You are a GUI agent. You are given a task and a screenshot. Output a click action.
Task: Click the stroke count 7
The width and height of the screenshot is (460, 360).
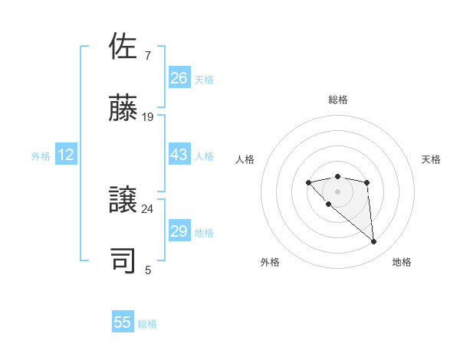147,56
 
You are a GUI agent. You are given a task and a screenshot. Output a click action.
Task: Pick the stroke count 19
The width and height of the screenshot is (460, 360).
148,117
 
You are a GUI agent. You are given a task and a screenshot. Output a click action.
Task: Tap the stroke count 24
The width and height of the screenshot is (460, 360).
148,208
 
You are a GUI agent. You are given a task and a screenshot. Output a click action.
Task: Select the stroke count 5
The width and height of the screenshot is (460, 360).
147,270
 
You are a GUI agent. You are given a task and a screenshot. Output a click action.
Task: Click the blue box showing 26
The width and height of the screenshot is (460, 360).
179,78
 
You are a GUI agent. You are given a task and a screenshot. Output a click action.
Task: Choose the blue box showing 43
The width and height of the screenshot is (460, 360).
179,155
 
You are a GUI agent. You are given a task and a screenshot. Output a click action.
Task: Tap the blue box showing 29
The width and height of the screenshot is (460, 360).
179,231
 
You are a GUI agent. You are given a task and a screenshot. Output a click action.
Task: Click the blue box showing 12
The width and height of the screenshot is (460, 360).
65,155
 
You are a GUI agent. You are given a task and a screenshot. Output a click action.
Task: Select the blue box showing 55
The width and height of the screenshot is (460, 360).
123,322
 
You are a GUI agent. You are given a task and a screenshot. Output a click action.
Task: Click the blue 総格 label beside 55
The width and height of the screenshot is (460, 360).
147,324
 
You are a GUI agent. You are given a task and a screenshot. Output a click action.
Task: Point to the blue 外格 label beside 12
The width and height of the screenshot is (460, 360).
41,156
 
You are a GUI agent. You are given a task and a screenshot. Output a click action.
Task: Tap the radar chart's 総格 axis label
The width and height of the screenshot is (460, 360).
337,100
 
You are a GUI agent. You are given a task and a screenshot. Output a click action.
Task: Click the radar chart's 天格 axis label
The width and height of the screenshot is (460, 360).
432,159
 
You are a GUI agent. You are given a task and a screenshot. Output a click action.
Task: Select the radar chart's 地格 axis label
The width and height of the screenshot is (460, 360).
402,263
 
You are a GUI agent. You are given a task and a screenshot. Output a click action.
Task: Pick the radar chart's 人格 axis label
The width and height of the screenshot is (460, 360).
245,159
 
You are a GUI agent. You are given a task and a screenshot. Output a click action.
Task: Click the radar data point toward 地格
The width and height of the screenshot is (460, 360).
374,242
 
